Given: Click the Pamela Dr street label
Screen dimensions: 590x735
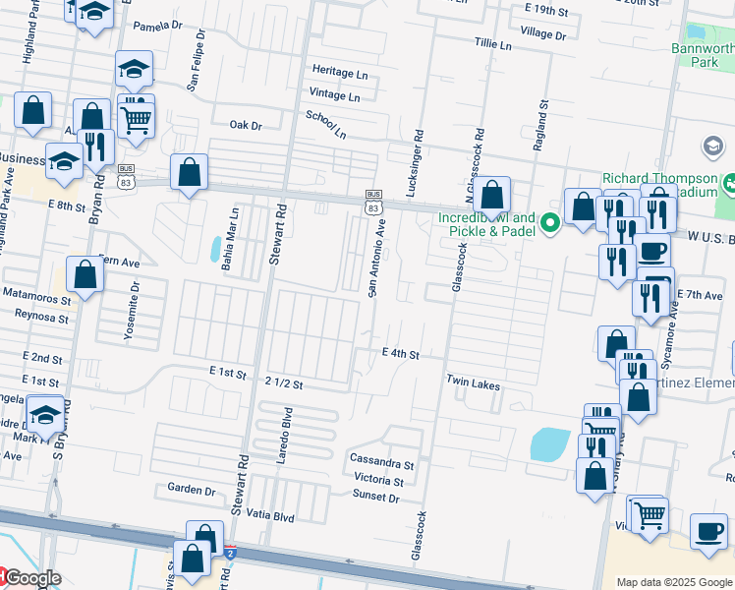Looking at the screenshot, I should [x=150, y=25].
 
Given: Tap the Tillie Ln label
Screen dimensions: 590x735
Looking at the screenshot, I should [x=493, y=45].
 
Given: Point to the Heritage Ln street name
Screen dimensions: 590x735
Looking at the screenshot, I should [x=340, y=74].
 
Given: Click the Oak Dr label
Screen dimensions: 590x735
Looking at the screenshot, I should [x=246, y=126].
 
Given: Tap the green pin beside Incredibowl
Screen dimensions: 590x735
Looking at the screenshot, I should [x=550, y=224].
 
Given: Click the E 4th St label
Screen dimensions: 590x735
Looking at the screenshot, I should [x=401, y=353].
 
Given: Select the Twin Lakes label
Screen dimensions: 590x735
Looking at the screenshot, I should [x=474, y=382].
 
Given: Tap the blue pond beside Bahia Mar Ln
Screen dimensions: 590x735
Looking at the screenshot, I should [x=215, y=250].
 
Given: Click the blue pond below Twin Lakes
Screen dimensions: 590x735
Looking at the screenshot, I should [x=550, y=444].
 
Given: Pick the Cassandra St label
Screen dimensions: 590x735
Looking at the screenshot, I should [x=382, y=461].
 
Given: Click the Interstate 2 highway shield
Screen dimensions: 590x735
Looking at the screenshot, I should [x=229, y=555].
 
